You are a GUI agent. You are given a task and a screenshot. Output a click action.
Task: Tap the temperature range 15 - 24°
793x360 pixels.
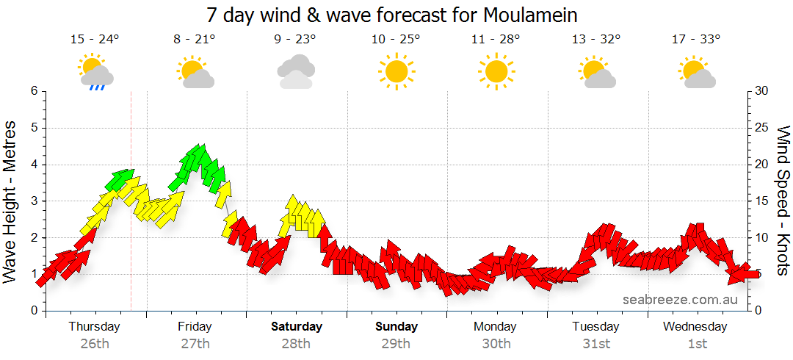tap(95, 40)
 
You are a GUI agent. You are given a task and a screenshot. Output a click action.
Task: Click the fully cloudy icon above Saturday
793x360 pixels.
tap(296, 72)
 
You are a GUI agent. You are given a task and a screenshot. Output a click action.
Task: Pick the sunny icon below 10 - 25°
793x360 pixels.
tap(396, 71)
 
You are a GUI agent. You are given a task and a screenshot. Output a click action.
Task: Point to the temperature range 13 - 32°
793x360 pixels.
tap(596, 40)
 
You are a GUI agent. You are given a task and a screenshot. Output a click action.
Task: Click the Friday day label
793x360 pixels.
tap(195, 326)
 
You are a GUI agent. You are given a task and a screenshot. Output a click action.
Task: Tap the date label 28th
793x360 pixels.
tap(296, 343)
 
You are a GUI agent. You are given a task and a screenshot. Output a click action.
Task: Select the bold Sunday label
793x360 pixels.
tap(396, 326)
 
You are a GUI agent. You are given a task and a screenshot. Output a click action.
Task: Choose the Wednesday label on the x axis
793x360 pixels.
tap(695, 326)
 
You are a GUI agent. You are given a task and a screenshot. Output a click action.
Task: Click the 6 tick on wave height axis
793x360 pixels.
tap(34, 91)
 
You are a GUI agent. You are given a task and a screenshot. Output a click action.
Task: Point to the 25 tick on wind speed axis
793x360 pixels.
tap(761, 128)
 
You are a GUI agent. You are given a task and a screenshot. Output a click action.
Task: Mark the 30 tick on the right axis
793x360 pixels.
tap(761, 91)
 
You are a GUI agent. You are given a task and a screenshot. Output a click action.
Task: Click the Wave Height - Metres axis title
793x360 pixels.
tap(10, 201)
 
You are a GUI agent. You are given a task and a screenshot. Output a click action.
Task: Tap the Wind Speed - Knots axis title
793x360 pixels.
tap(783, 201)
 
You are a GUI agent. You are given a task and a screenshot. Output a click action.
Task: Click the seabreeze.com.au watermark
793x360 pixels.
tap(681, 300)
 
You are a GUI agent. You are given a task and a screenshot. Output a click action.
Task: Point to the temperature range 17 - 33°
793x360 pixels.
tap(696, 40)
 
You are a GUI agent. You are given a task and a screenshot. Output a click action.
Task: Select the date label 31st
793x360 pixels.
tap(596, 343)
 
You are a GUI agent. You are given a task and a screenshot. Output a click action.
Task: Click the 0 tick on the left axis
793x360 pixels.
tap(34, 311)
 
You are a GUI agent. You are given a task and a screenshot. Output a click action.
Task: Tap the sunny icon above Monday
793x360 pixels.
tap(496, 71)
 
